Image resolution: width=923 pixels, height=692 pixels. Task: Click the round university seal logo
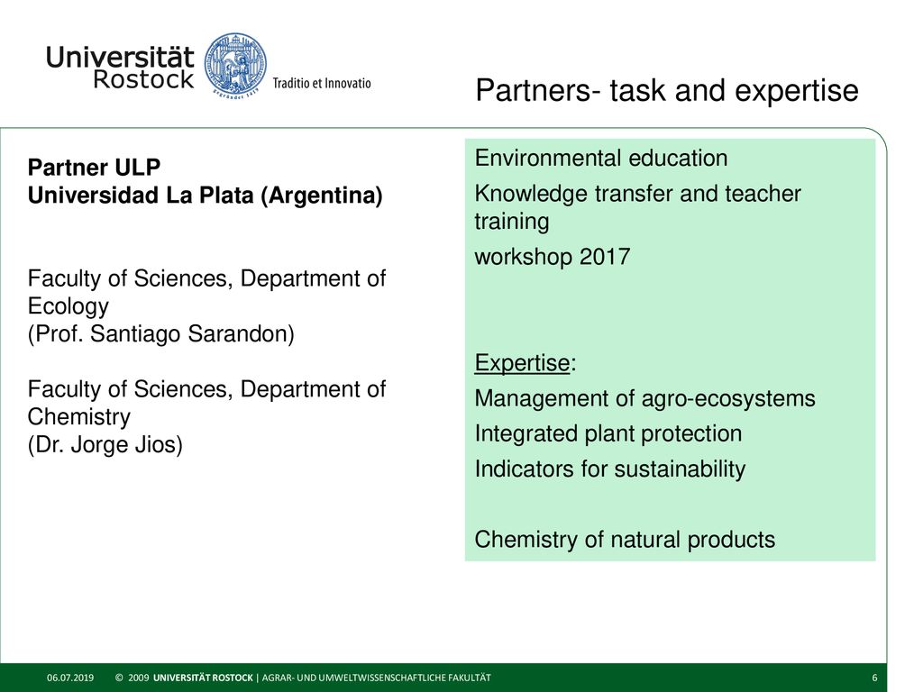(x=235, y=65)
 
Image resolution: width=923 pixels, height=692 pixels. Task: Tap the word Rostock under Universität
(x=143, y=79)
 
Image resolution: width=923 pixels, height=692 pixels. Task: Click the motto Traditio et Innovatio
(x=322, y=83)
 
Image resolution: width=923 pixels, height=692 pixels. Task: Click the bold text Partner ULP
(x=94, y=167)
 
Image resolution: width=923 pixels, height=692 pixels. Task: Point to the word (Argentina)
(x=322, y=196)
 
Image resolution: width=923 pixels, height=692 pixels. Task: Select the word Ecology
(x=69, y=306)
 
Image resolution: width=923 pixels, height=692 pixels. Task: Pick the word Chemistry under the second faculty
(x=79, y=416)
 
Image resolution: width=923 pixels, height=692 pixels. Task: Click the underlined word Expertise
(x=522, y=363)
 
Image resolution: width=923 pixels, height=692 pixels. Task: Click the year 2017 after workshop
(x=605, y=257)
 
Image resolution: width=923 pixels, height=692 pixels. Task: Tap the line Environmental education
(x=601, y=158)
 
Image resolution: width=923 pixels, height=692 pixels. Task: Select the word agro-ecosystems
(x=728, y=399)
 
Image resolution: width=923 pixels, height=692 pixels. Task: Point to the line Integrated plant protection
(x=608, y=433)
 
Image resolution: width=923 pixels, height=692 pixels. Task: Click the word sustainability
(x=680, y=469)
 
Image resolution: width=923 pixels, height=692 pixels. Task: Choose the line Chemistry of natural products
(x=625, y=540)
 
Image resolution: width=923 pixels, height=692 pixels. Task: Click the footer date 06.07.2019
(x=70, y=678)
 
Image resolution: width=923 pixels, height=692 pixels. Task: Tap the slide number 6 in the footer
(x=874, y=678)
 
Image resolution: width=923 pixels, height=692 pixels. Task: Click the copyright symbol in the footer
(x=119, y=678)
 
